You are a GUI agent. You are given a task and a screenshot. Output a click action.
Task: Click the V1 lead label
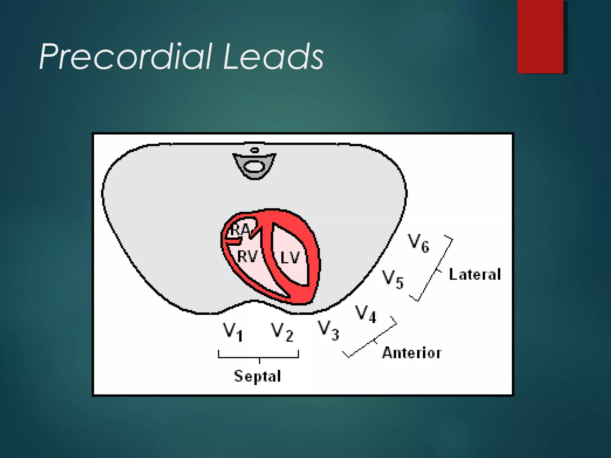tap(233, 332)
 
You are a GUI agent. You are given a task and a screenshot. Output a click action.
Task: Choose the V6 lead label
tap(419, 243)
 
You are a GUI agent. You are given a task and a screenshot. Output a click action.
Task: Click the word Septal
tap(257, 376)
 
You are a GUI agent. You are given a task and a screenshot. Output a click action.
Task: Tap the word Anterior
tap(412, 353)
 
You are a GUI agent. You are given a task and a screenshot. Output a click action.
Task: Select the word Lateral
tap(475, 274)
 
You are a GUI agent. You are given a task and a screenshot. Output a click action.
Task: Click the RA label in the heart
tap(240, 230)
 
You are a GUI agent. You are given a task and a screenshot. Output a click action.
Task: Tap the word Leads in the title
tap(273, 57)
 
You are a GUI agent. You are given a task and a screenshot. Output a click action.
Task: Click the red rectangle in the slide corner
tap(540, 36)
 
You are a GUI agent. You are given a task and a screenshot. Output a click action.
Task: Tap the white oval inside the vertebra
tap(254, 166)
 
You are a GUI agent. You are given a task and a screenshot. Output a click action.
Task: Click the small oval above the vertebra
tap(254, 150)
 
